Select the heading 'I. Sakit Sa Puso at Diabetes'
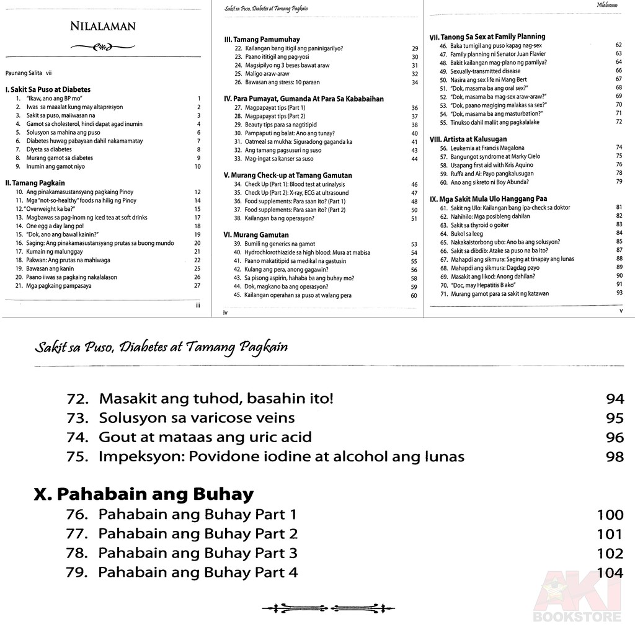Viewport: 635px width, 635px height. tap(47, 89)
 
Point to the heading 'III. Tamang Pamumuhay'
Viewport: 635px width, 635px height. tap(260, 39)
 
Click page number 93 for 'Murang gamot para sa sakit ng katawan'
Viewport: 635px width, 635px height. tap(618, 293)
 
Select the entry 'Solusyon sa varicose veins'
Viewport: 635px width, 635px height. tap(196, 417)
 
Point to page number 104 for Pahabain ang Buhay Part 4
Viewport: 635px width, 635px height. tap(610, 572)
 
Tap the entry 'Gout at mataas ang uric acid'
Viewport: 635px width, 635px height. tap(205, 437)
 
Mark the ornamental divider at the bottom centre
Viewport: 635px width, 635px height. tap(318, 607)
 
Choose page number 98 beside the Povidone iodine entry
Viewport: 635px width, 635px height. tap(615, 457)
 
